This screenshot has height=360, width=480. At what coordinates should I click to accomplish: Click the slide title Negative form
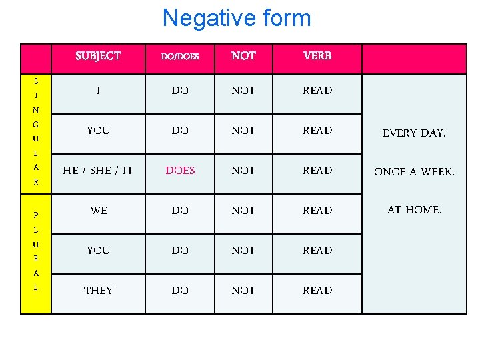[237, 18]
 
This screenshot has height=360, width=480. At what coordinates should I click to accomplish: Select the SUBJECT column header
[98, 56]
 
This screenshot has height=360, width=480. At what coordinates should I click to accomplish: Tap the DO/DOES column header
[180, 57]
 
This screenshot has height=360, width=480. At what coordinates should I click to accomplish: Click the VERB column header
[317, 56]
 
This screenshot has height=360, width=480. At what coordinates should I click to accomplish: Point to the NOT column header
[243, 56]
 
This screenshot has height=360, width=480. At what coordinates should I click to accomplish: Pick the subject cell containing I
[98, 91]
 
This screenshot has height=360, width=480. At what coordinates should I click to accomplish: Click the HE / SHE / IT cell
[98, 171]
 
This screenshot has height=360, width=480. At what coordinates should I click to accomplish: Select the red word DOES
[180, 171]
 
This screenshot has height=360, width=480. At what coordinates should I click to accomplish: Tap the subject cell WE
[98, 211]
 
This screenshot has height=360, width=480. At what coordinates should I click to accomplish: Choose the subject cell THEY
[98, 291]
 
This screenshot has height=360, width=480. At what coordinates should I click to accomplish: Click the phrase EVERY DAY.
[414, 133]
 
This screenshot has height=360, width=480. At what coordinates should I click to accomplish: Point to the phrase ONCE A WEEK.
[414, 172]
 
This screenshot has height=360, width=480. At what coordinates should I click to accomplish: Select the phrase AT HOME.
[414, 210]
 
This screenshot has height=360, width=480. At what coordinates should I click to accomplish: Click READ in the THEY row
[317, 291]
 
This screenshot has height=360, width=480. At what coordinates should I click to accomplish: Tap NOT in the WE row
[243, 211]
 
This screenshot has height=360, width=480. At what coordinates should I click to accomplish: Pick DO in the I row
[180, 91]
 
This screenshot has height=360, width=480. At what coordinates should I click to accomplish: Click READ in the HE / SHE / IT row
[317, 171]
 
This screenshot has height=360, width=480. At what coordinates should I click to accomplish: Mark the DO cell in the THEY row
[180, 291]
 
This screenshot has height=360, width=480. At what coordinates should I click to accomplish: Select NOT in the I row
[243, 91]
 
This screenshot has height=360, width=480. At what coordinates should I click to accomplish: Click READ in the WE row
[317, 211]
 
